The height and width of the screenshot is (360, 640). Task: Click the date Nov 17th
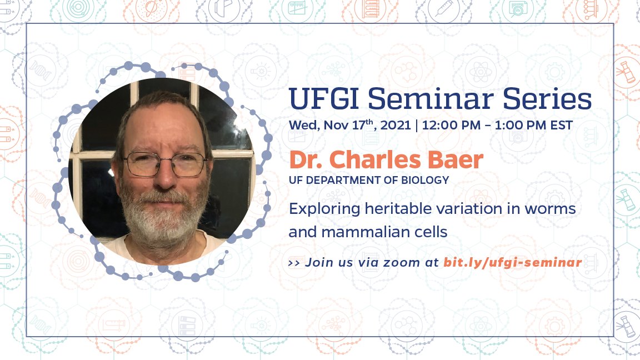(x=349, y=124)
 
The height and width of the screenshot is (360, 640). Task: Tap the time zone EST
(x=560, y=124)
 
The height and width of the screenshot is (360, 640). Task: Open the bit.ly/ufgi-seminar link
(x=512, y=262)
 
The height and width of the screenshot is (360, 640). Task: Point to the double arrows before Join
(x=294, y=262)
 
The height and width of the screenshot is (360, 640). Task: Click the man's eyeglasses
(x=165, y=164)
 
